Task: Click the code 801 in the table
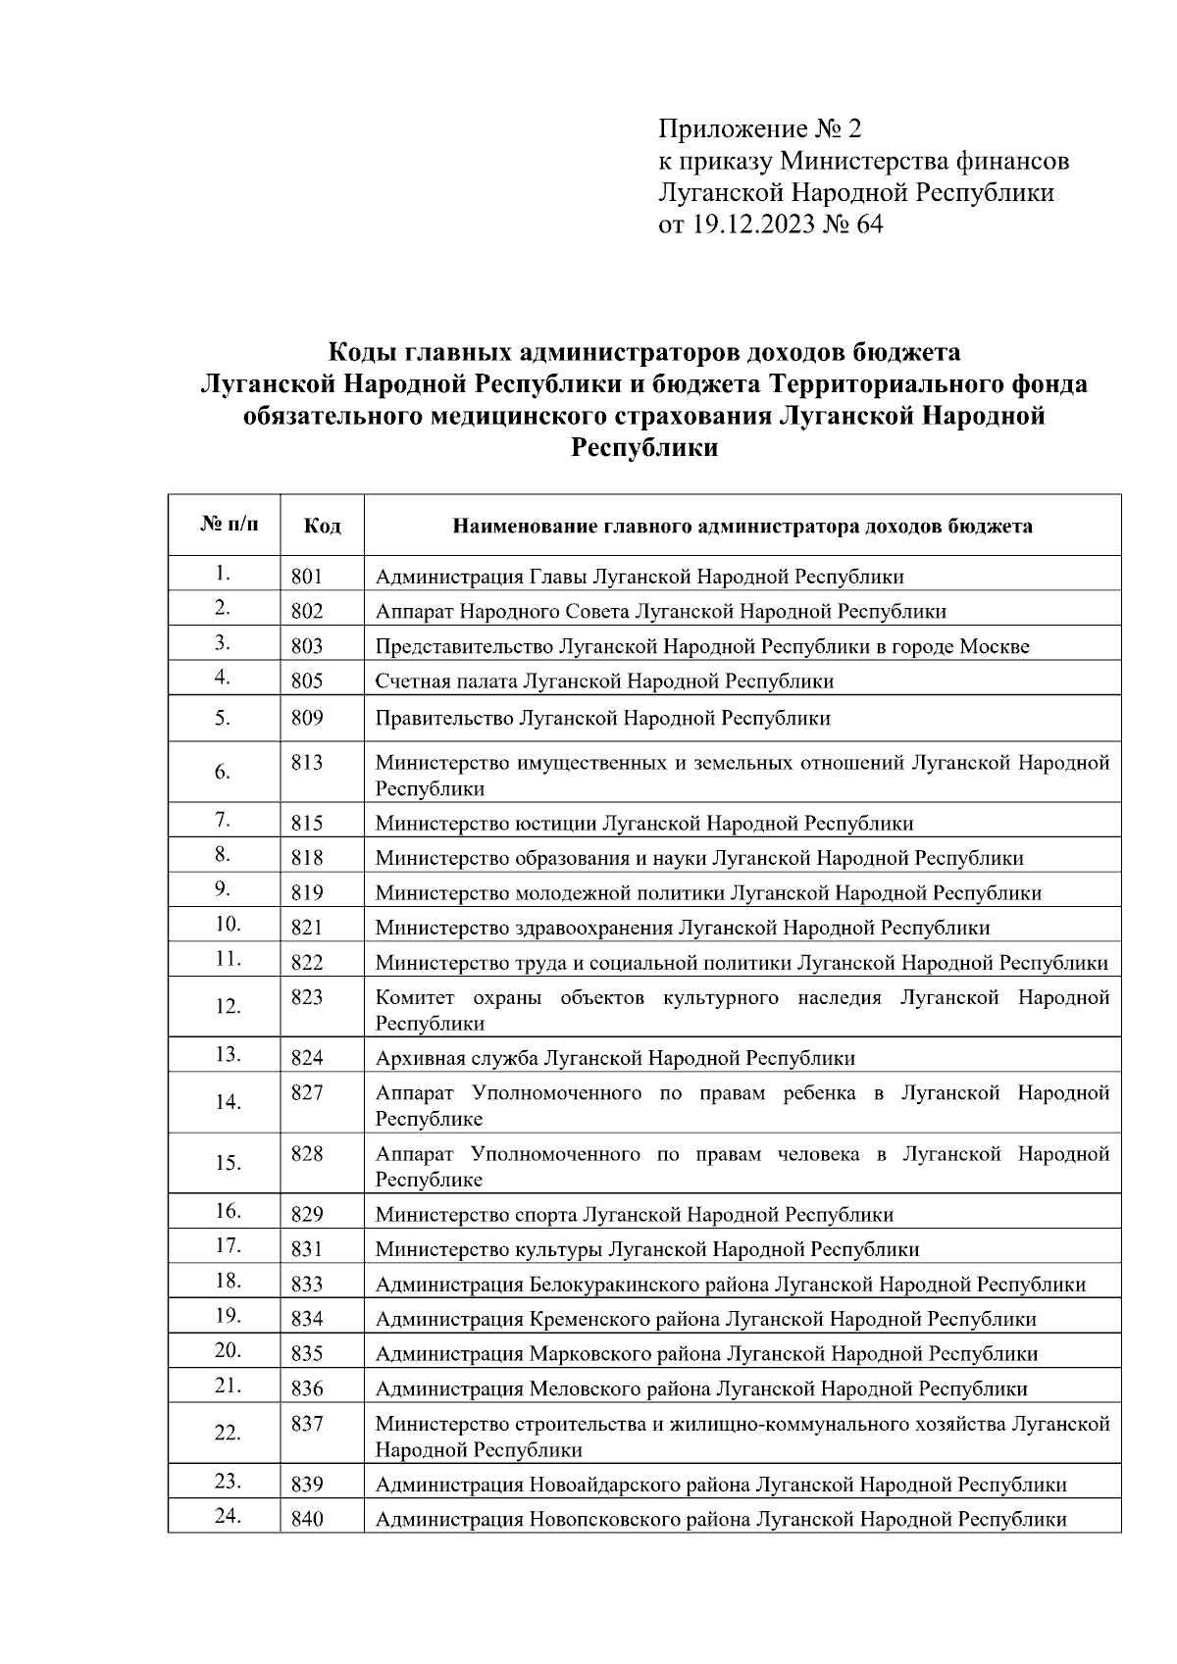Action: (x=306, y=577)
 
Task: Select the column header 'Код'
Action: (x=322, y=527)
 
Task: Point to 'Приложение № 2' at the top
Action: (x=759, y=128)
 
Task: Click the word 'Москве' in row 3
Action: (x=994, y=646)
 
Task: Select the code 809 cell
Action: (x=307, y=718)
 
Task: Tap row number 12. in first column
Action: (x=228, y=1006)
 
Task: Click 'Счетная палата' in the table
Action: (x=446, y=681)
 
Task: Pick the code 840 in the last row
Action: (x=307, y=1520)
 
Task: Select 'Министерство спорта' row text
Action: (x=476, y=1215)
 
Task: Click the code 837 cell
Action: (x=307, y=1423)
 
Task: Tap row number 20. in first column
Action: (x=228, y=1350)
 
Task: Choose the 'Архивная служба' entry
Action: (x=456, y=1058)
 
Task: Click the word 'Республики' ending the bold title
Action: (x=643, y=449)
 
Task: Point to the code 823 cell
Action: (x=307, y=997)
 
